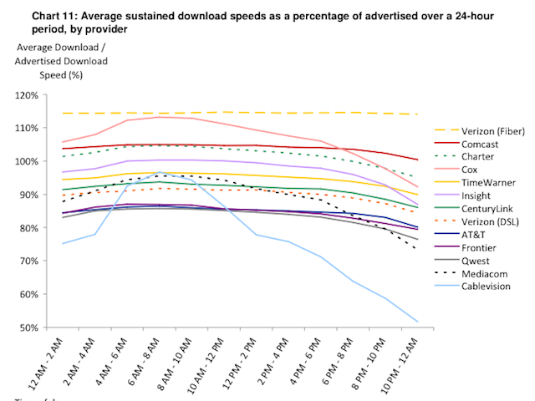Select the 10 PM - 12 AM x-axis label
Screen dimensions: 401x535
[399, 359]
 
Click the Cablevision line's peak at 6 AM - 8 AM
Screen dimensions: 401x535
[160, 172]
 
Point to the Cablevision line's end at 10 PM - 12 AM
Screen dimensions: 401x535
[416, 321]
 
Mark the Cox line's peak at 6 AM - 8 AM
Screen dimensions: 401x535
[160, 117]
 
